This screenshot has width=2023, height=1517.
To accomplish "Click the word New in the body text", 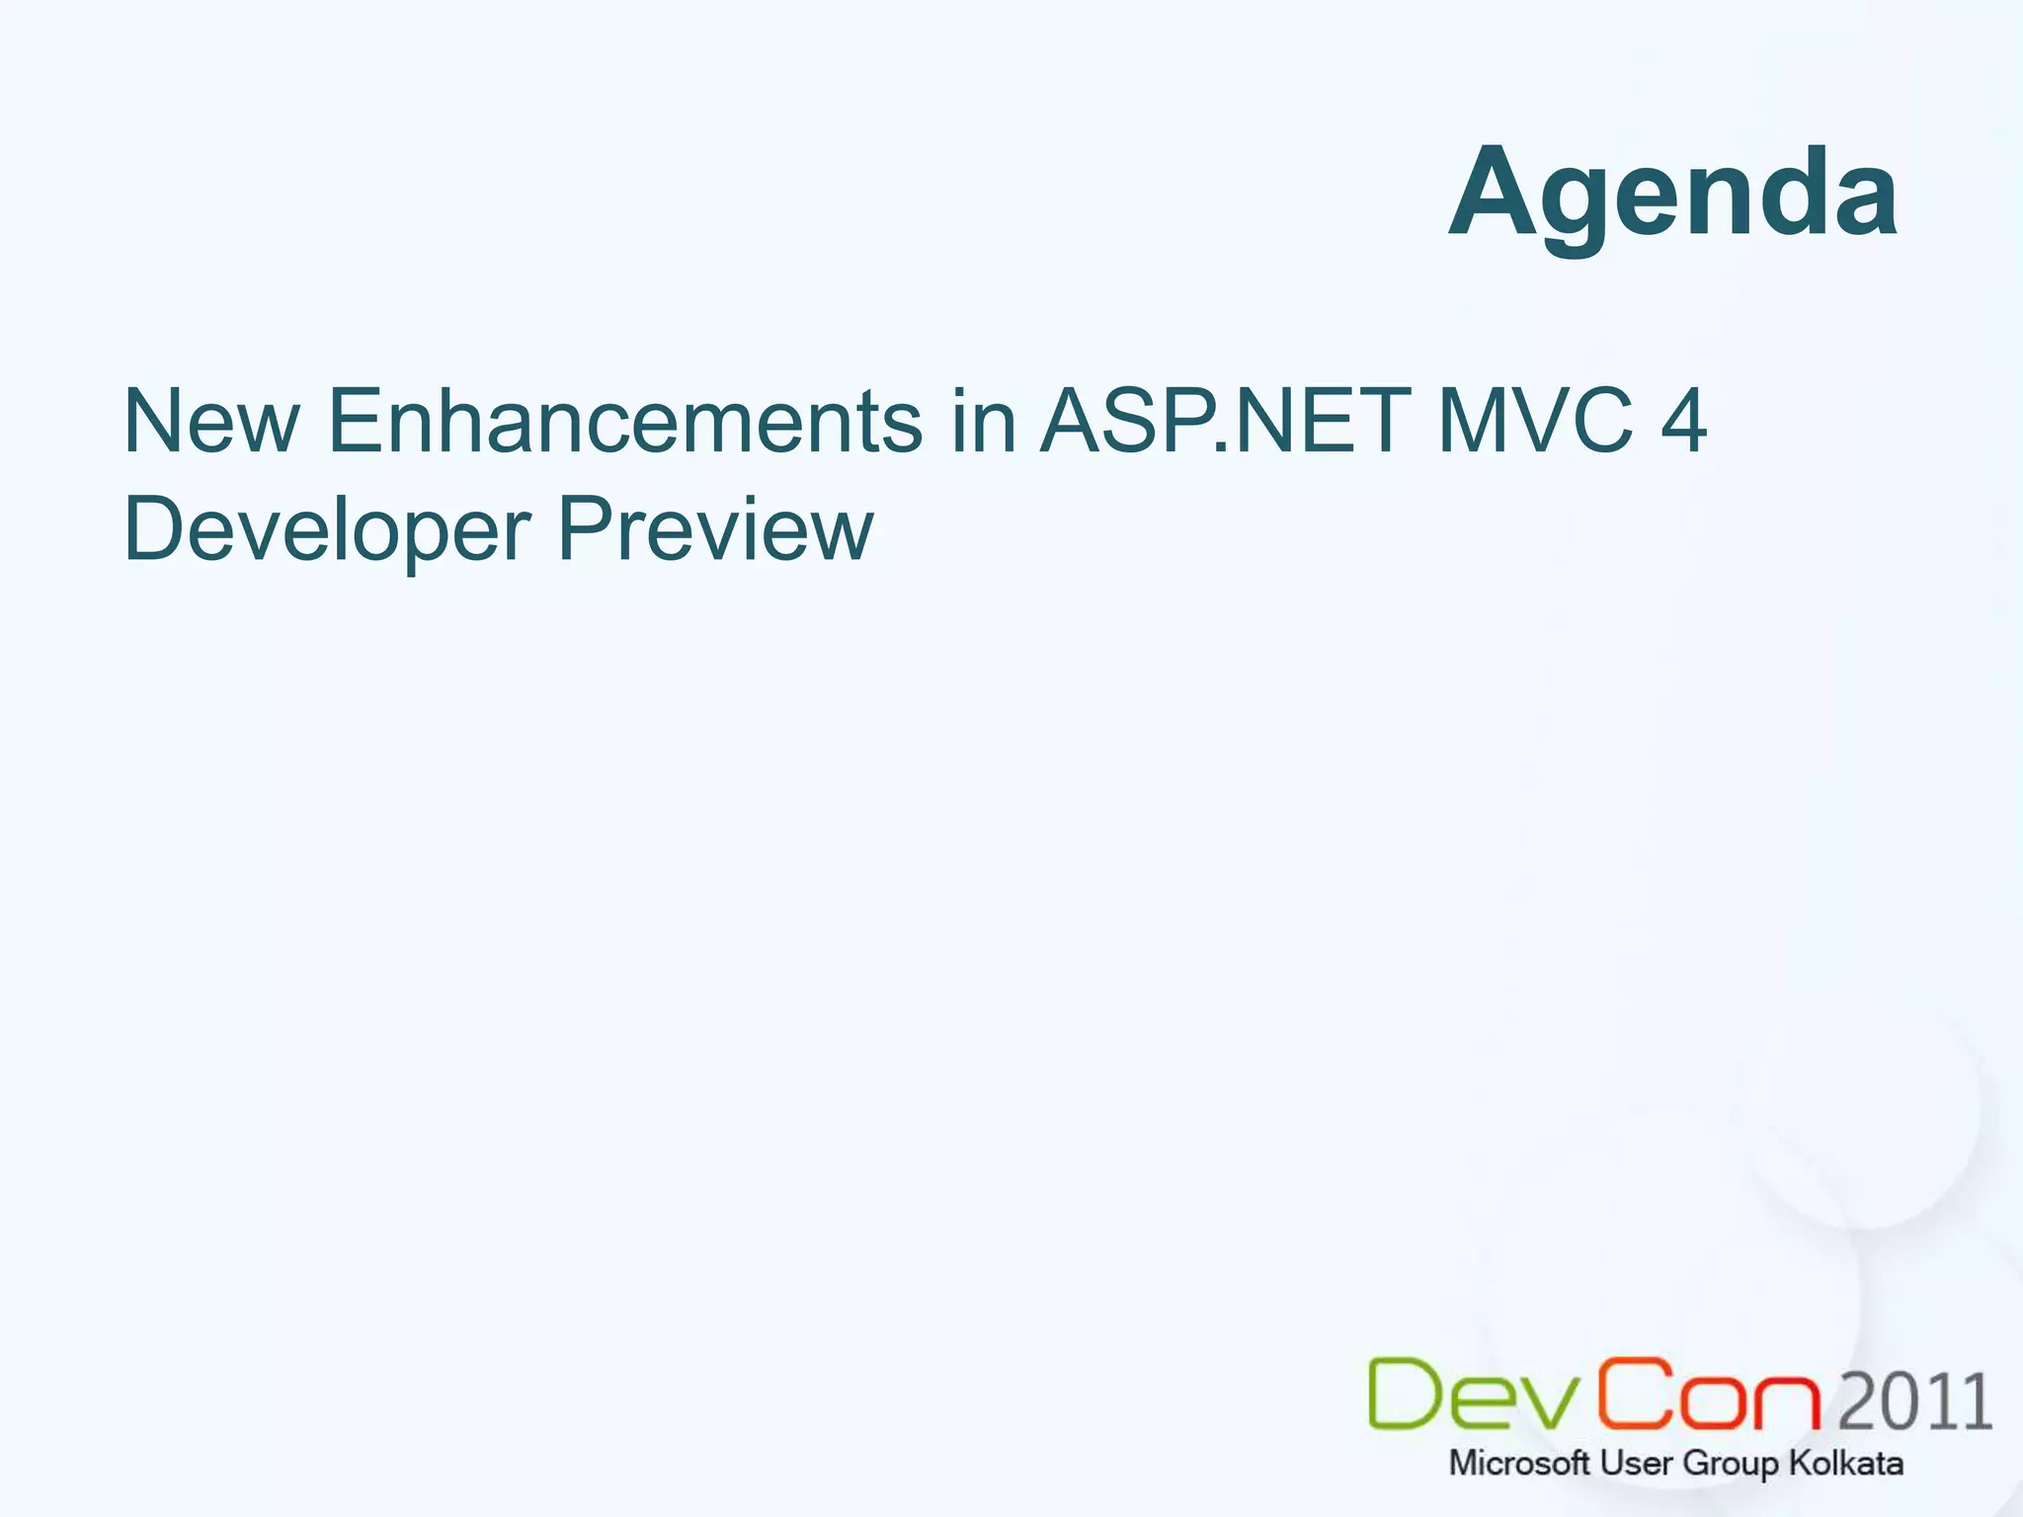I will (x=210, y=422).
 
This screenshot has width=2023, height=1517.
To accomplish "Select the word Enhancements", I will (x=624, y=422).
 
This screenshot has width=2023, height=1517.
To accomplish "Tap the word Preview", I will (x=716, y=530).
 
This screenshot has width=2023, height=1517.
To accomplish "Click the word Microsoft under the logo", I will (x=1519, y=1463).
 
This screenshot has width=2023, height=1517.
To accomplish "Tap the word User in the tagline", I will (x=1637, y=1463).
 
